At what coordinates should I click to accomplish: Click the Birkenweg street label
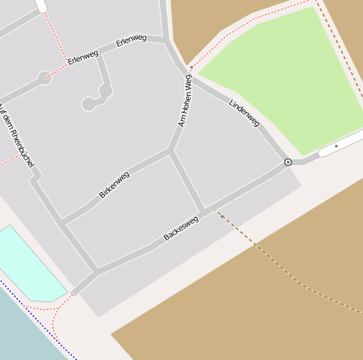click(114, 184)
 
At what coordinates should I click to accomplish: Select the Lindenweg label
click(245, 113)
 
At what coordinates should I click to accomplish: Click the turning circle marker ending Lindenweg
click(289, 161)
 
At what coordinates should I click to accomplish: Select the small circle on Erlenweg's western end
click(44, 78)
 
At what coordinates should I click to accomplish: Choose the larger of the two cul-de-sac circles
click(105, 89)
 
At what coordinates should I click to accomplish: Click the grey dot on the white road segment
click(336, 147)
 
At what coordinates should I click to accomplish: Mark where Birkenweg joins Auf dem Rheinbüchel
click(63, 224)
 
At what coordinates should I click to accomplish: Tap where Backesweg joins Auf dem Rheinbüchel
click(96, 273)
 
